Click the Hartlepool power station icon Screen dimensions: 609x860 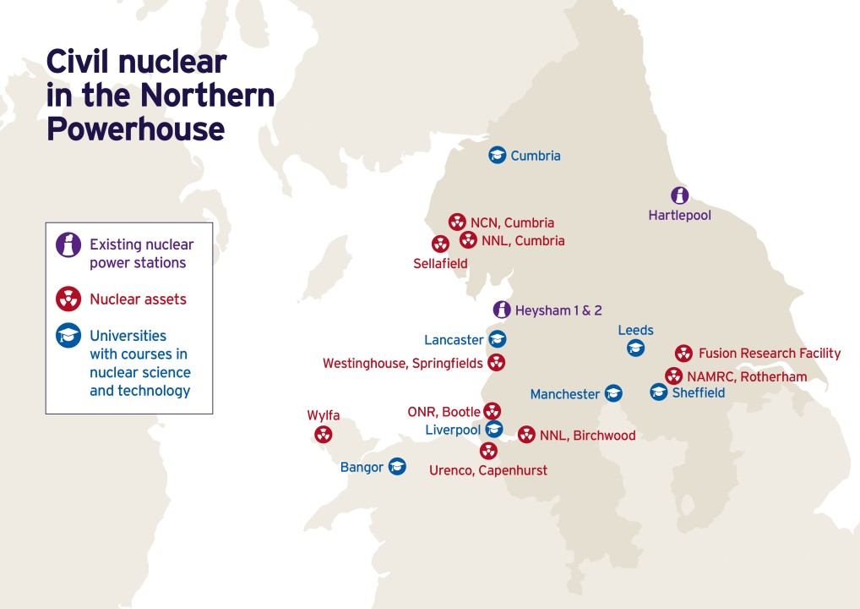(679, 195)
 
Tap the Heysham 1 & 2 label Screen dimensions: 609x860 (558, 310)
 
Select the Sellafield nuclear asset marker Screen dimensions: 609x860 (440, 244)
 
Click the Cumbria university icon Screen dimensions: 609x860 (498, 155)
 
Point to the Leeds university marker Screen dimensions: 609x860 (635, 348)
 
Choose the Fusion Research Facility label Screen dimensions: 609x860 (769, 353)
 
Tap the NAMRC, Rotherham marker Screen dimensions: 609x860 (673, 376)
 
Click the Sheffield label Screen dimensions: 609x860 (698, 392)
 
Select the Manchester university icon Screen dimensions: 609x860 (613, 393)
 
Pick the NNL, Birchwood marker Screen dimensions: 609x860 (526, 435)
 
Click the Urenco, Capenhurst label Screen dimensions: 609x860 (488, 470)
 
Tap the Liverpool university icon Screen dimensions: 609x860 (494, 430)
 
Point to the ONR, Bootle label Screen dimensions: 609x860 (442, 412)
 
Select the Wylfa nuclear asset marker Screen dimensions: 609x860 (323, 435)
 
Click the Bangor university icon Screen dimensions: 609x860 (396, 466)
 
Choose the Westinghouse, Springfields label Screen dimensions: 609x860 (403, 363)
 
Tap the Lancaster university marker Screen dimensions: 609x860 (498, 340)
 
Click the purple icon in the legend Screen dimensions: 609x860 (68, 245)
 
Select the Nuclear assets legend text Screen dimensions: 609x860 (138, 299)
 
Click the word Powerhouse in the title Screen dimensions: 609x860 (135, 129)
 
